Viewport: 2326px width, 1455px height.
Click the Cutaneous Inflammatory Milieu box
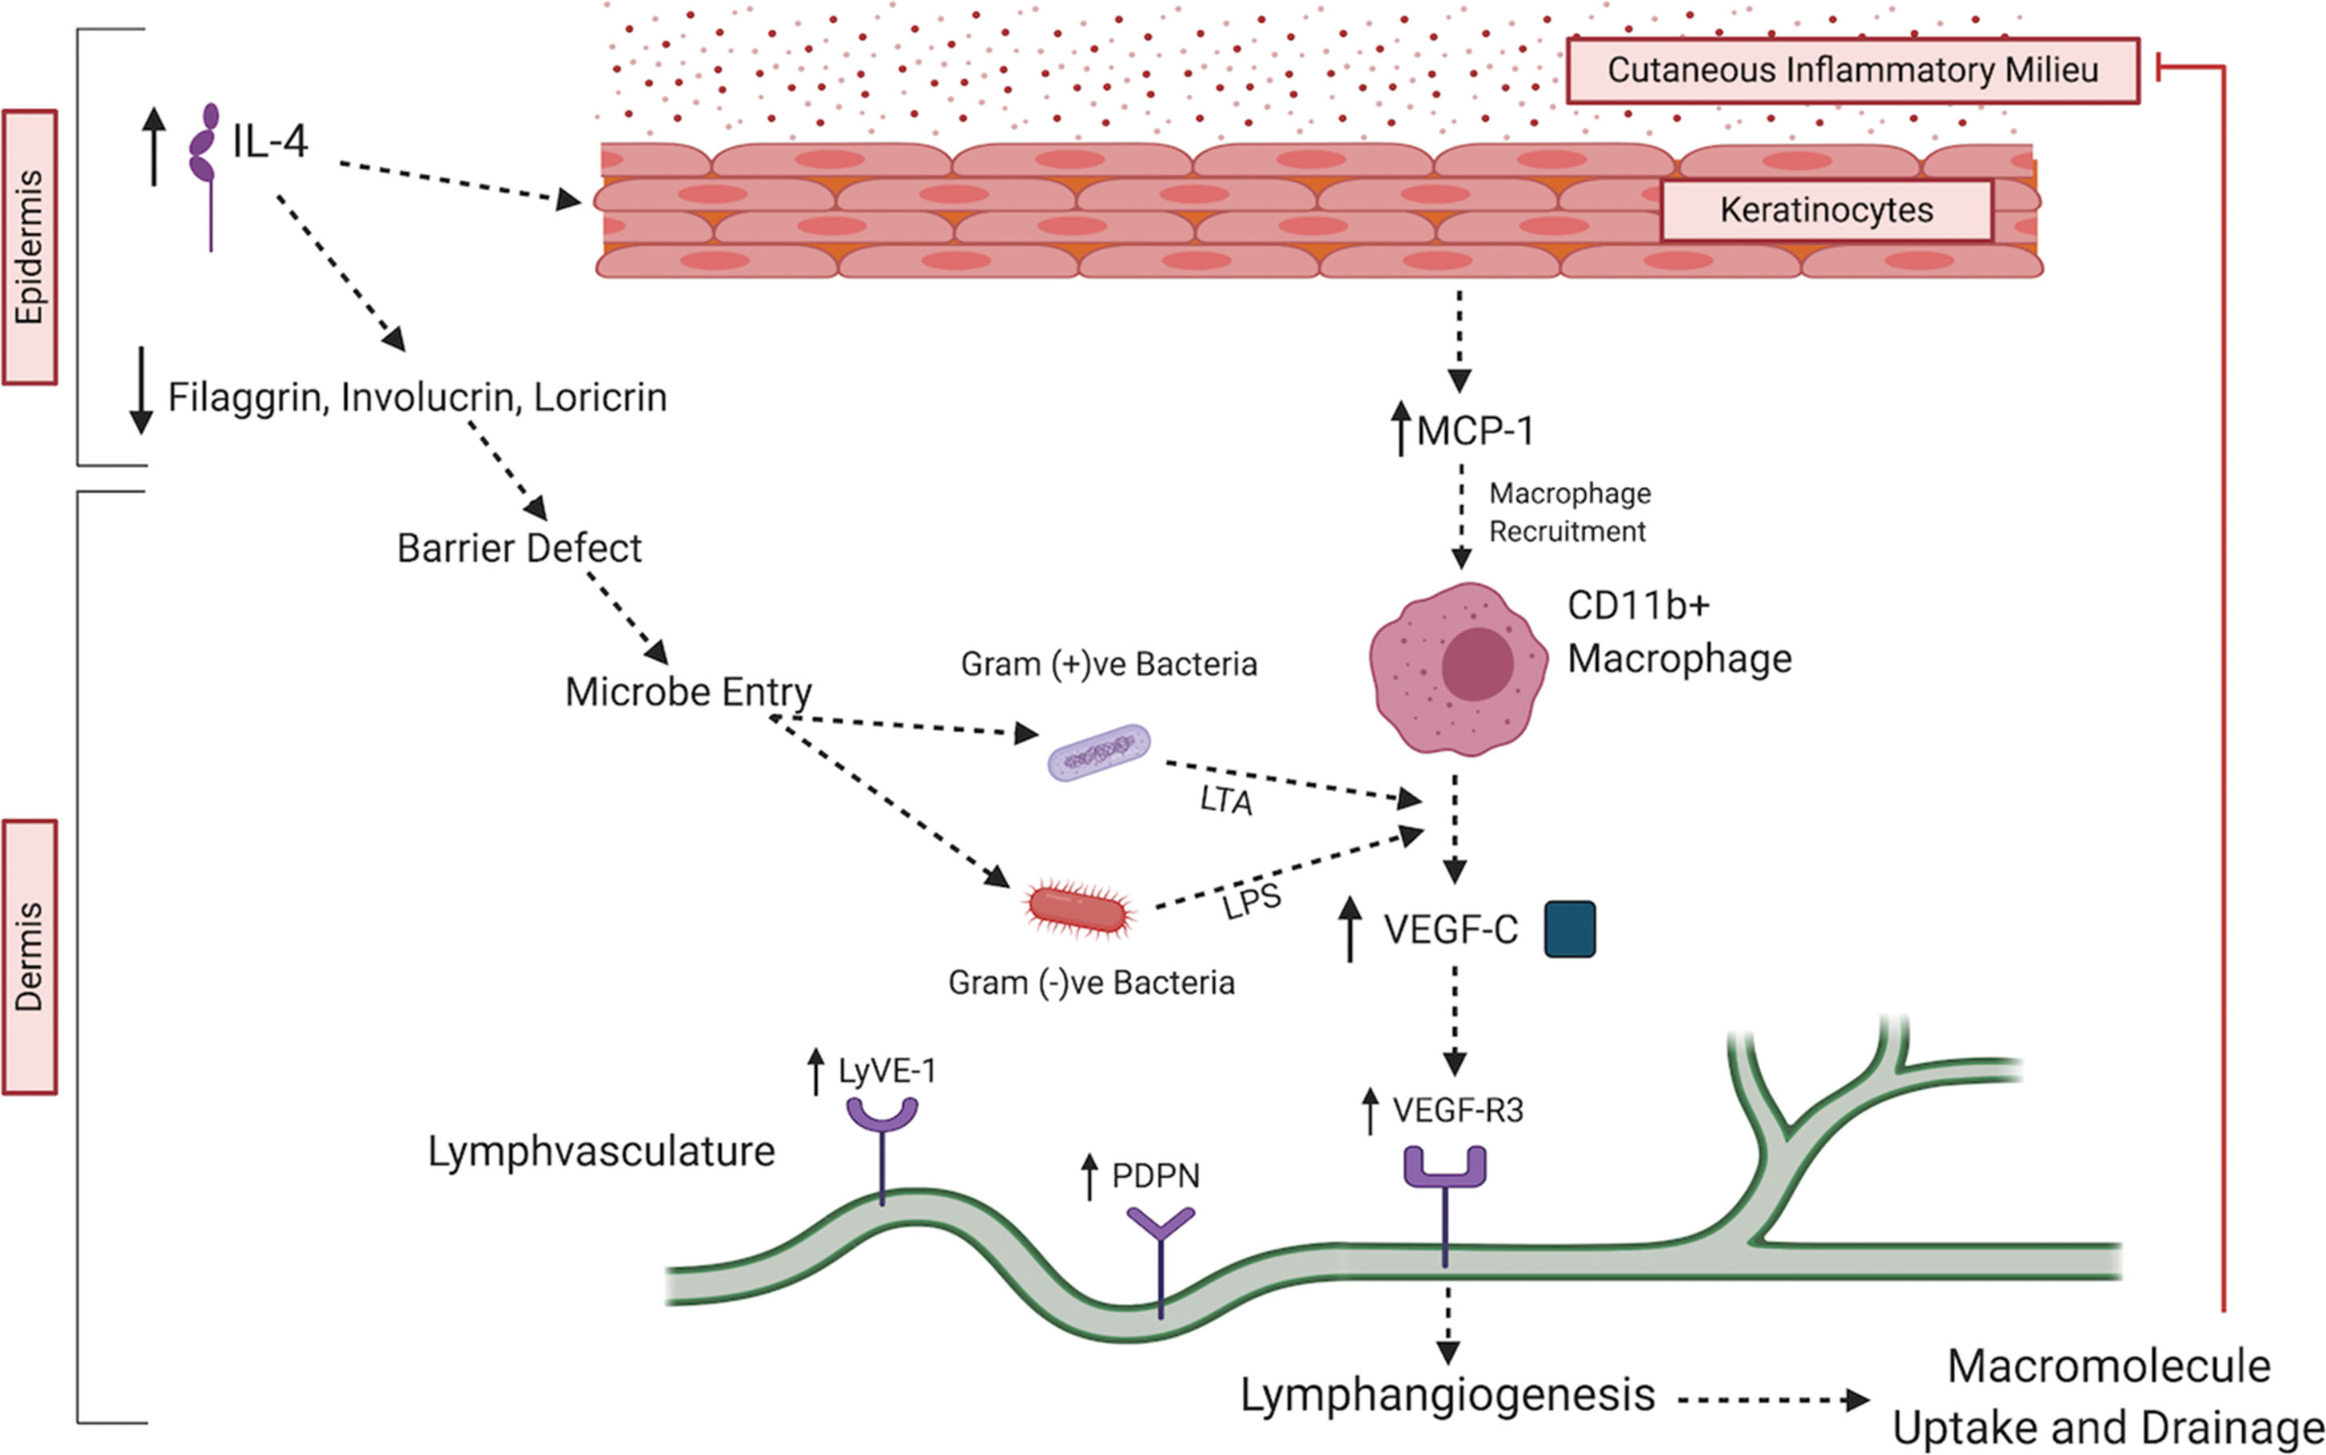(x=1853, y=70)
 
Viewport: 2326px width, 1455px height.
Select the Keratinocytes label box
(x=1826, y=210)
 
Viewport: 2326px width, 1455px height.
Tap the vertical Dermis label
(x=30, y=956)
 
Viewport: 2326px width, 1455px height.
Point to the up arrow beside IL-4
(x=154, y=145)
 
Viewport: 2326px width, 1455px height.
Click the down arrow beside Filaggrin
(x=141, y=390)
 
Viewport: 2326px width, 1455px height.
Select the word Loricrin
(x=599, y=397)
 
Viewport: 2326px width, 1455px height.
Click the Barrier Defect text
(x=519, y=548)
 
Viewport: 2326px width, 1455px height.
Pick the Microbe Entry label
(x=688, y=692)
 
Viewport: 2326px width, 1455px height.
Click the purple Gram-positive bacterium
(x=1098, y=753)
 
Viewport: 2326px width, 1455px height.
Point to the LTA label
(x=1226, y=800)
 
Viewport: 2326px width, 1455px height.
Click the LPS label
(x=1251, y=901)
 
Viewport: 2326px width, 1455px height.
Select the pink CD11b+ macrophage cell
(x=1458, y=668)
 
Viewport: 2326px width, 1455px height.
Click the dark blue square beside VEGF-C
(x=1570, y=929)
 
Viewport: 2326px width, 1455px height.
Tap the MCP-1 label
(x=1474, y=431)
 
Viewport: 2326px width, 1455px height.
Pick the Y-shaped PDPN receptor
(x=1161, y=1226)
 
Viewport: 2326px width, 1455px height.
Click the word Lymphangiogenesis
(x=1448, y=1395)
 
